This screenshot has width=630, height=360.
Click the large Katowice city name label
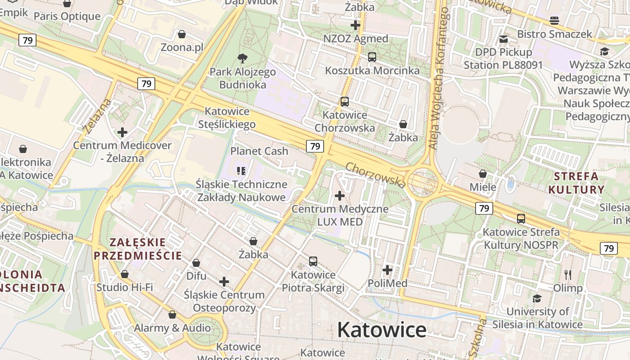pos(382,330)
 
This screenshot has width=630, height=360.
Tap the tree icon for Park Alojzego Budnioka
pos(243,58)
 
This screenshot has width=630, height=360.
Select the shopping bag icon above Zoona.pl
pos(182,34)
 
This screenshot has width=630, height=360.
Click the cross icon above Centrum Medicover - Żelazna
pos(122,132)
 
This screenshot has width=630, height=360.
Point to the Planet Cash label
pos(259,151)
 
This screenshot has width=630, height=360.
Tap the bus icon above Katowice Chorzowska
pos(345,102)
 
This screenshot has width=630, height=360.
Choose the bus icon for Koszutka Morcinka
pos(372,57)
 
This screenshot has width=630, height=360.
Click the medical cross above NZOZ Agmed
pos(355,25)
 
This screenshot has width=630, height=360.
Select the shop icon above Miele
pos(483,174)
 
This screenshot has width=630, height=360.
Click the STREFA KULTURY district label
pos(576,183)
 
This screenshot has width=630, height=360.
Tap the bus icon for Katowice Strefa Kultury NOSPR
pos(521,219)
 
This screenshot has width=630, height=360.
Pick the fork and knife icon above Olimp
pos(568,274)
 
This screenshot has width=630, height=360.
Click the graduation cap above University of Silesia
pos(537,298)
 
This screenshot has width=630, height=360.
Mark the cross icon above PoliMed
pos(387,270)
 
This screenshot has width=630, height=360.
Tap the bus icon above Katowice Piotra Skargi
pos(313,261)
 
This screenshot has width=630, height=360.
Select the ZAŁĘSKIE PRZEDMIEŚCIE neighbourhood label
pos(138,249)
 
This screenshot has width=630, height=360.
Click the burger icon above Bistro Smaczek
pos(554,21)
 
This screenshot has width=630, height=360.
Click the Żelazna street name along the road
pos(97,116)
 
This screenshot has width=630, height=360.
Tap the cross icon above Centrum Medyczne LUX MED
pos(340,196)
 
